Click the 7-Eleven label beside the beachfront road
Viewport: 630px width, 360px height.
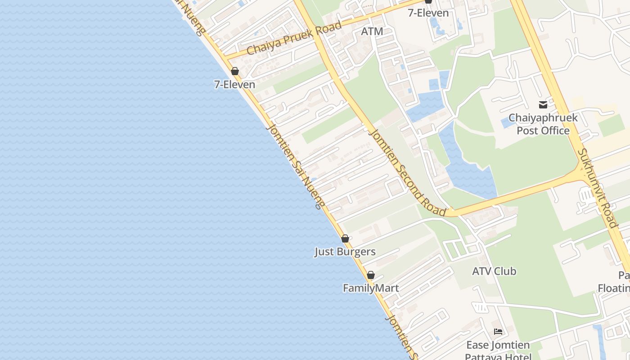(x=234, y=84)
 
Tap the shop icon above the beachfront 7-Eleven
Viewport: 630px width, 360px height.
(x=234, y=71)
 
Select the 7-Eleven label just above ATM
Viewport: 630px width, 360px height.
(x=428, y=13)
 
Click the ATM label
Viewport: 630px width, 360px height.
(x=372, y=31)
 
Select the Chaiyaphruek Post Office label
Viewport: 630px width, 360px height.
(x=543, y=124)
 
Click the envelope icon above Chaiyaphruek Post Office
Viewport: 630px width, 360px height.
(x=543, y=105)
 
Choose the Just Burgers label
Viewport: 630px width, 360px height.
(x=345, y=252)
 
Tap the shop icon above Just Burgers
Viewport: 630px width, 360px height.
(x=345, y=238)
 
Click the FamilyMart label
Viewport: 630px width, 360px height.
(x=371, y=288)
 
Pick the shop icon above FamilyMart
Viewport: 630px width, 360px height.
(x=371, y=275)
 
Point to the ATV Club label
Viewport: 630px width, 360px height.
(x=494, y=271)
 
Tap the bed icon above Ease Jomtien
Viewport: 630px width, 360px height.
(x=498, y=332)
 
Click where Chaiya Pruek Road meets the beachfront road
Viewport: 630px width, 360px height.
(x=225, y=58)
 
